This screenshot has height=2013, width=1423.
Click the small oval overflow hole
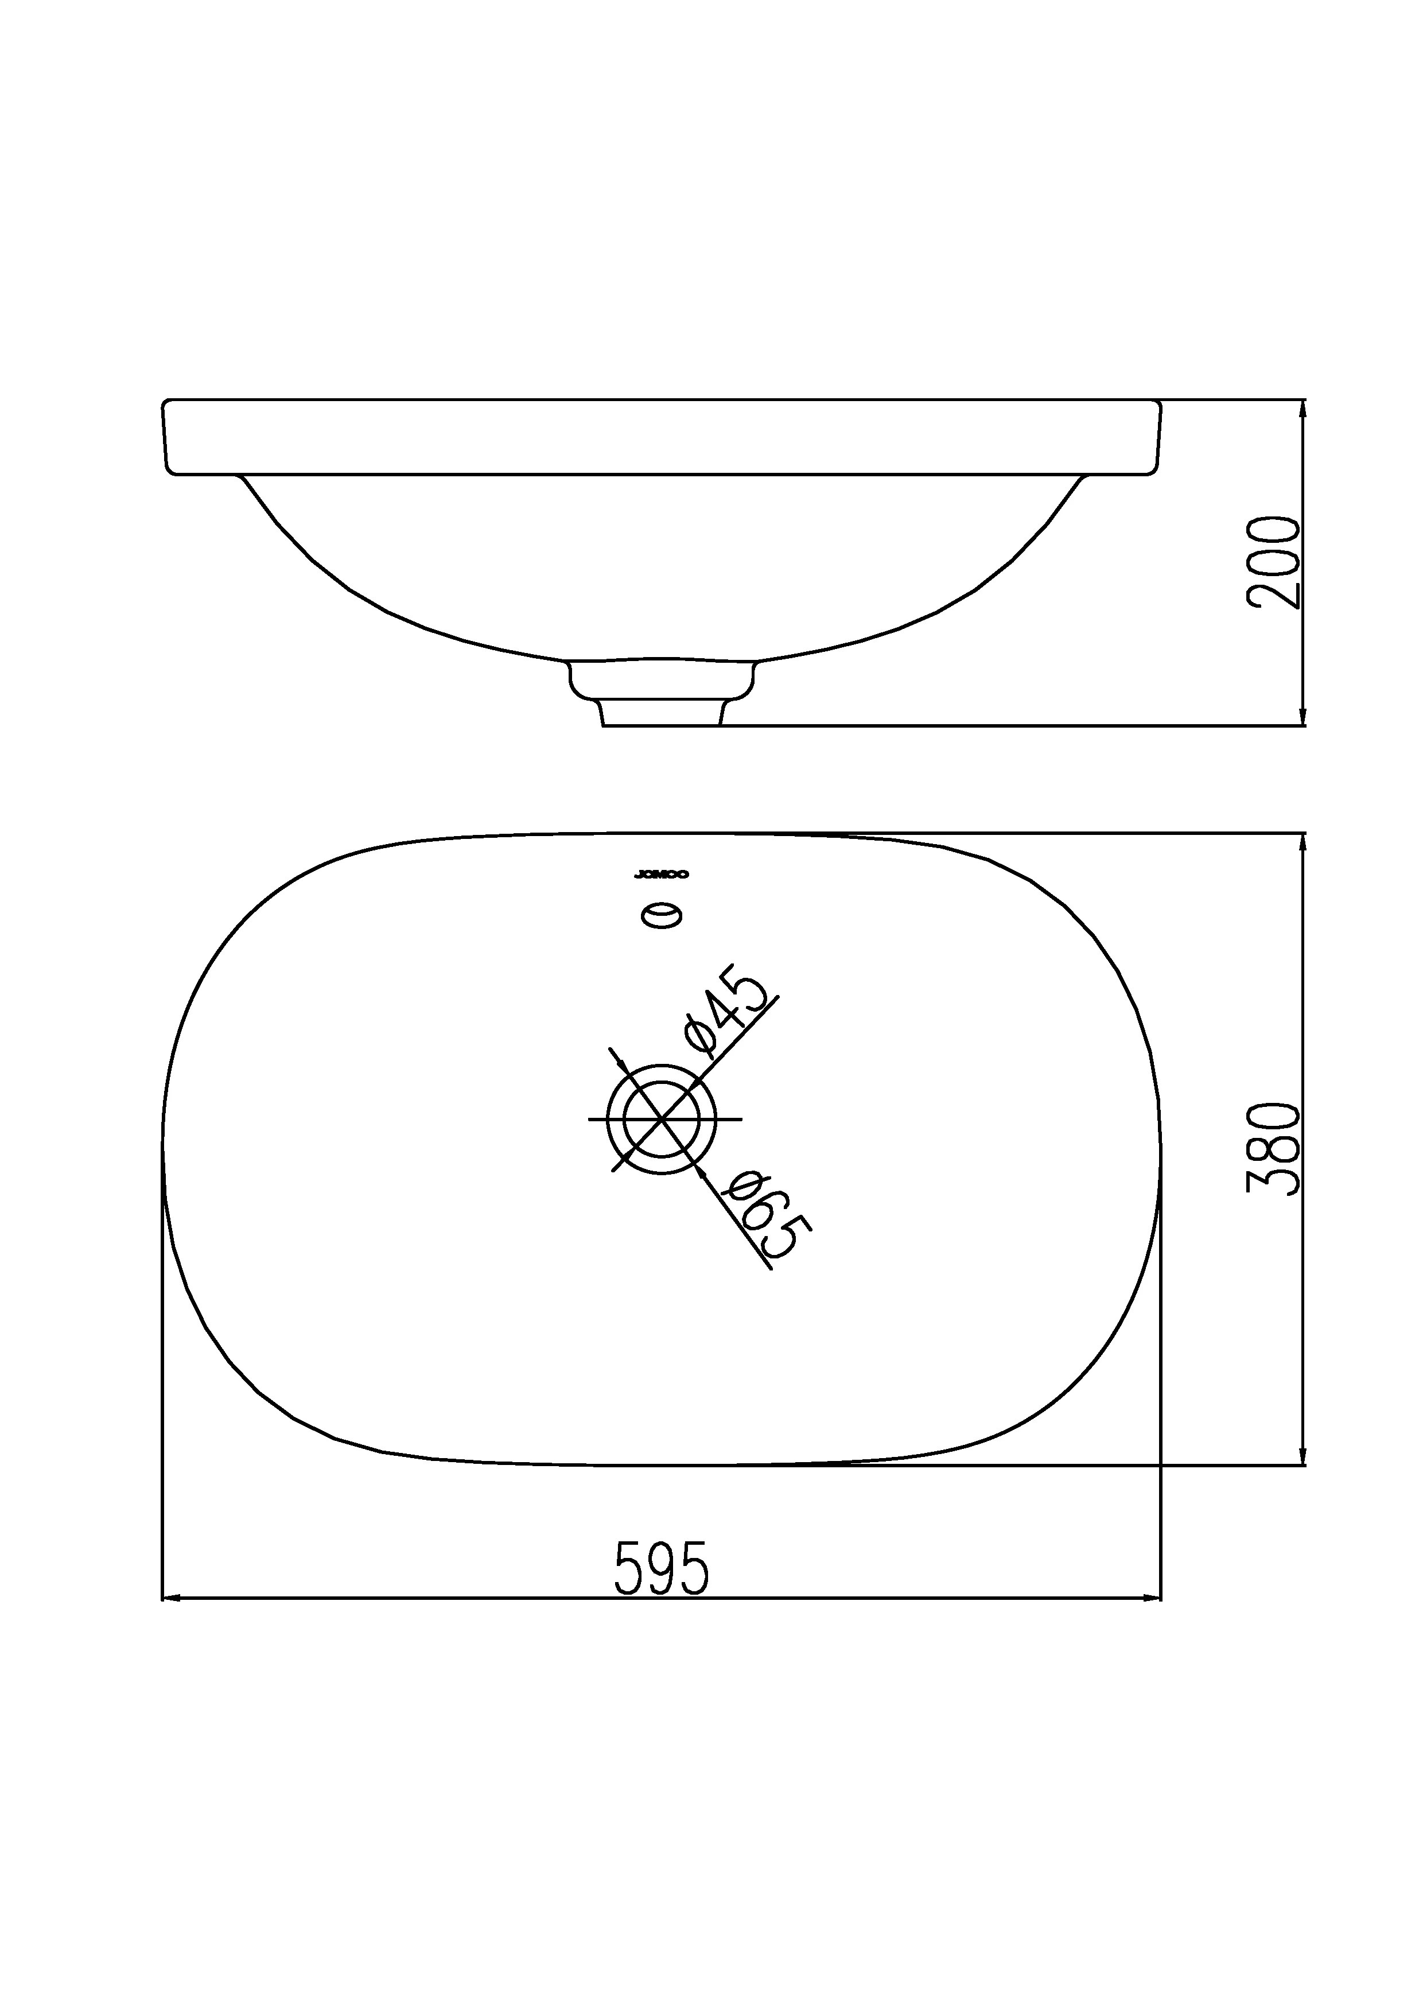pyautogui.click(x=662, y=916)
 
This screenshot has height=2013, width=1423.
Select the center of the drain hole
pyautogui.click(x=662, y=1120)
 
